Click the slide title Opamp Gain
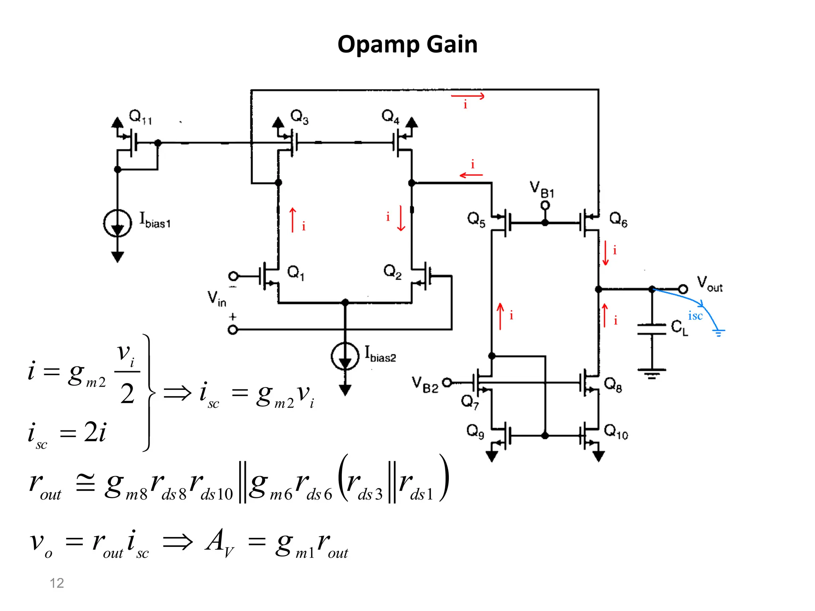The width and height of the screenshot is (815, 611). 407,44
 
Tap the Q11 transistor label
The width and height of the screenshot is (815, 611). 140,117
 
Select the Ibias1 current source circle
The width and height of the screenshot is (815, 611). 117,223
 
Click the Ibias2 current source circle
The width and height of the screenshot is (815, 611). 345,356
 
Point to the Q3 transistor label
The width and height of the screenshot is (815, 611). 299,117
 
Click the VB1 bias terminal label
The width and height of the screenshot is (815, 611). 542,189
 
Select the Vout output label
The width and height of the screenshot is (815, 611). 710,284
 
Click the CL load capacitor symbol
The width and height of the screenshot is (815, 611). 651,329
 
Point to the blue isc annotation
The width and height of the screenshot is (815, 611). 695,316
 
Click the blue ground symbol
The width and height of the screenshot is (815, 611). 718,333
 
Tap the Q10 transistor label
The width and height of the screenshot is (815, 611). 616,432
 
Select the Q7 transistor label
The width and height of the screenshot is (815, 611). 470,402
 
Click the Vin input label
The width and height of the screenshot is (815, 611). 216,298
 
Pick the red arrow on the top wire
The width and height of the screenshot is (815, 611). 468,96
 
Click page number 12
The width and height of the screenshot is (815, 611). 57,583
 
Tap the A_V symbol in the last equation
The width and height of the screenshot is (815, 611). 219,543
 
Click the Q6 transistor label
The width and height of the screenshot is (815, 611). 618,219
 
